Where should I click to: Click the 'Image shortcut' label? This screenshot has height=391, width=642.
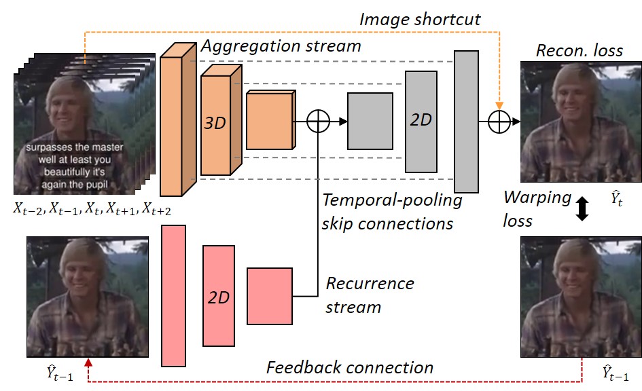[x=420, y=19]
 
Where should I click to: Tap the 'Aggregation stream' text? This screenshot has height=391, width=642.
[x=281, y=46]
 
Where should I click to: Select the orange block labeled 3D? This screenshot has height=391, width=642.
[x=221, y=120]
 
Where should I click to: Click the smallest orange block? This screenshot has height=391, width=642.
[x=270, y=120]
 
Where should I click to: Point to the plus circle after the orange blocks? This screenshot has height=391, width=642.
[x=318, y=121]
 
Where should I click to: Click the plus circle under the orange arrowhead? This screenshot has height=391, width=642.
[x=499, y=122]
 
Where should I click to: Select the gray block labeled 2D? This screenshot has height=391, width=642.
[x=421, y=122]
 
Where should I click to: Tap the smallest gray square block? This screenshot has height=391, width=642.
[x=370, y=121]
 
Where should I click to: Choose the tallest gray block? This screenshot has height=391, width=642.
[x=466, y=122]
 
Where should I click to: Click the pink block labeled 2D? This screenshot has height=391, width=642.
[x=219, y=296]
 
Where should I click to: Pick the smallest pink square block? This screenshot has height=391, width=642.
[x=270, y=296]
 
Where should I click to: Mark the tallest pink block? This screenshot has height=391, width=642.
[x=174, y=296]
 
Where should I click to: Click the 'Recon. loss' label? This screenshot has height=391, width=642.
[x=579, y=51]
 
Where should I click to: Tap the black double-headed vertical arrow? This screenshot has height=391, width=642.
[x=582, y=209]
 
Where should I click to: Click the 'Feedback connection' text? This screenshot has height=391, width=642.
[x=350, y=367]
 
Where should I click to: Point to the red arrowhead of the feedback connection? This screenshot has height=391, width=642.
[x=88, y=362]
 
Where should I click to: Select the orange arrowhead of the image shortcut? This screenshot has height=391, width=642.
[x=499, y=105]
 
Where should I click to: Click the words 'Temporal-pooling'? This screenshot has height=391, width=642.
[x=392, y=200]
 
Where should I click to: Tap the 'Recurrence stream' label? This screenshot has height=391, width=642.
[x=370, y=295]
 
